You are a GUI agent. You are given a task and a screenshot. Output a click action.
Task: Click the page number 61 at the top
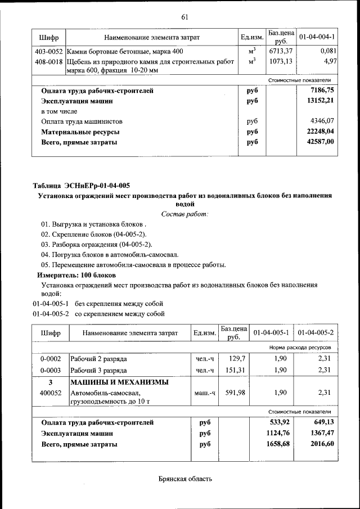tap(184, 16)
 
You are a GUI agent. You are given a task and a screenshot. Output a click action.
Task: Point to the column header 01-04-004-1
tap(317, 38)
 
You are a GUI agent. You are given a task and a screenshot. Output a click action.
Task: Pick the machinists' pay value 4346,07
tap(323, 121)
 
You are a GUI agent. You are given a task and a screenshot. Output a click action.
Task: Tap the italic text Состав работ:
tap(184, 214)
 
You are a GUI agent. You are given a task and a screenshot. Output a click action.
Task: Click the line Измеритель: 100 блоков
tap(76, 275)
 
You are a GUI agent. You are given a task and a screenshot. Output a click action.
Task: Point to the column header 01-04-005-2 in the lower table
tap(316, 333)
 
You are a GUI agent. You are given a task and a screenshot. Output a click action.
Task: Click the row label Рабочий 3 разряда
tap(98, 370)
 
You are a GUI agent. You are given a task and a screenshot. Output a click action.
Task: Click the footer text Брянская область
tap(185, 479)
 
